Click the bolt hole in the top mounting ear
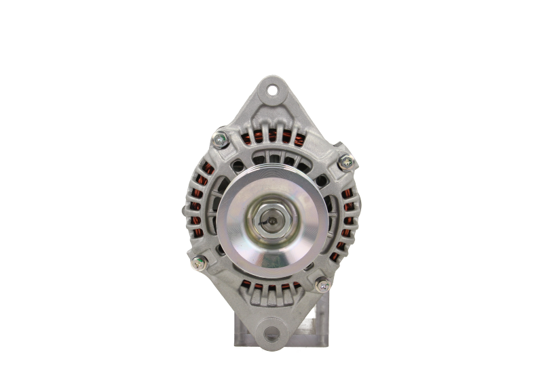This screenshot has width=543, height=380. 272,89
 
